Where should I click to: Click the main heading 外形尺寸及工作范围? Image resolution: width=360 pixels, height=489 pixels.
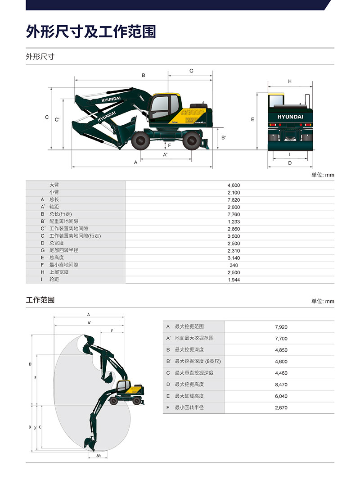pyautogui.click(x=91, y=32)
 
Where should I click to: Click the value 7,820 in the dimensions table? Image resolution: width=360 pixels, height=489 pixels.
pyautogui.click(x=234, y=199)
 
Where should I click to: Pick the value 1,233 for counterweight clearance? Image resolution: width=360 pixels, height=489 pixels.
pyautogui.click(x=234, y=222)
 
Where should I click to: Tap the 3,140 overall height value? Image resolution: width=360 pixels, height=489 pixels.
pyautogui.click(x=234, y=258)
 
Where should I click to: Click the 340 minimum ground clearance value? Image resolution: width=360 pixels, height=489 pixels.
pyautogui.click(x=234, y=265)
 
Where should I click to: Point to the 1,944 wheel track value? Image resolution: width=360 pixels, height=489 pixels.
pyautogui.click(x=234, y=280)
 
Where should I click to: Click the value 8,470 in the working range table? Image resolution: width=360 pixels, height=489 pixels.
pyautogui.click(x=281, y=385)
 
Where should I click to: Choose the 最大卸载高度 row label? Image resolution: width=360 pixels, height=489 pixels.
pyautogui.click(x=189, y=396)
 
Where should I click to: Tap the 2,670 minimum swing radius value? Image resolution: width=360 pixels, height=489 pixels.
pyautogui.click(x=281, y=408)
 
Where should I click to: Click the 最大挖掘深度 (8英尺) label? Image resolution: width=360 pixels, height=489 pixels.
pyautogui.click(x=198, y=362)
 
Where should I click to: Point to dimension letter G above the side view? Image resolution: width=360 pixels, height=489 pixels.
pyautogui.click(x=191, y=71)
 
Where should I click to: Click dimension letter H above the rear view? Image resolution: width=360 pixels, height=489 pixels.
pyautogui.click(x=290, y=81)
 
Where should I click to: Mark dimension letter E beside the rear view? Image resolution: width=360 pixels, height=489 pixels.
pyautogui.click(x=252, y=119)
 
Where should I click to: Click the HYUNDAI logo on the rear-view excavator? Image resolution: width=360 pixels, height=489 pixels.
pyautogui.click(x=290, y=117)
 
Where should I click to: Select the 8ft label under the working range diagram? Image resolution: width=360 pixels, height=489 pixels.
pyautogui.click(x=99, y=456)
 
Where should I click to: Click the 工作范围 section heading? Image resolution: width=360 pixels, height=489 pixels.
pyautogui.click(x=40, y=300)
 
